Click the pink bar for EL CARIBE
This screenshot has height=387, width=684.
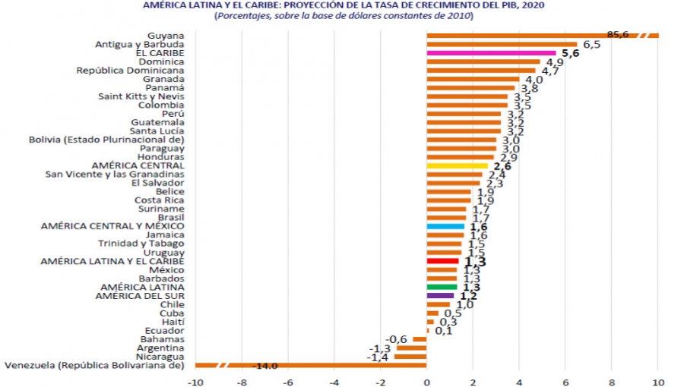[491, 53]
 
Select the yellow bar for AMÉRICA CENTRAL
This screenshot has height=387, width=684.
[458, 165]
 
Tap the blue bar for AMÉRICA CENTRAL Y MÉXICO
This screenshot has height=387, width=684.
[445, 226]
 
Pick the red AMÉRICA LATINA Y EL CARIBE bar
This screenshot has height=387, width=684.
[442, 261]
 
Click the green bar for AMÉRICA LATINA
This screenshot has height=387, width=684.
[442, 287]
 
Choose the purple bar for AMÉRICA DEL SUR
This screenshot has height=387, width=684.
[441, 296]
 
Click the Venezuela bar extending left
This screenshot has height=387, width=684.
[312, 366]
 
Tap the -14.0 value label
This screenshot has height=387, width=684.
[264, 366]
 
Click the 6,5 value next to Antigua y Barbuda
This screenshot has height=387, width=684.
[592, 45]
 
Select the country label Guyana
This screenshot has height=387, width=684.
[167, 36]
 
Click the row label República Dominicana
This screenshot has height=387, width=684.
[130, 71]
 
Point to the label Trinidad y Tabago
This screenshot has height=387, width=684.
[141, 244]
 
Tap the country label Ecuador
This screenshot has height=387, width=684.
[165, 331]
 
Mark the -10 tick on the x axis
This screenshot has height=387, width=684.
[195, 381]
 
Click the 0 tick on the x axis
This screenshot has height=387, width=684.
[427, 381]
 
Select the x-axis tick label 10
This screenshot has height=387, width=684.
[657, 381]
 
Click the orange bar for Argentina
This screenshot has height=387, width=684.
[411, 348]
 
